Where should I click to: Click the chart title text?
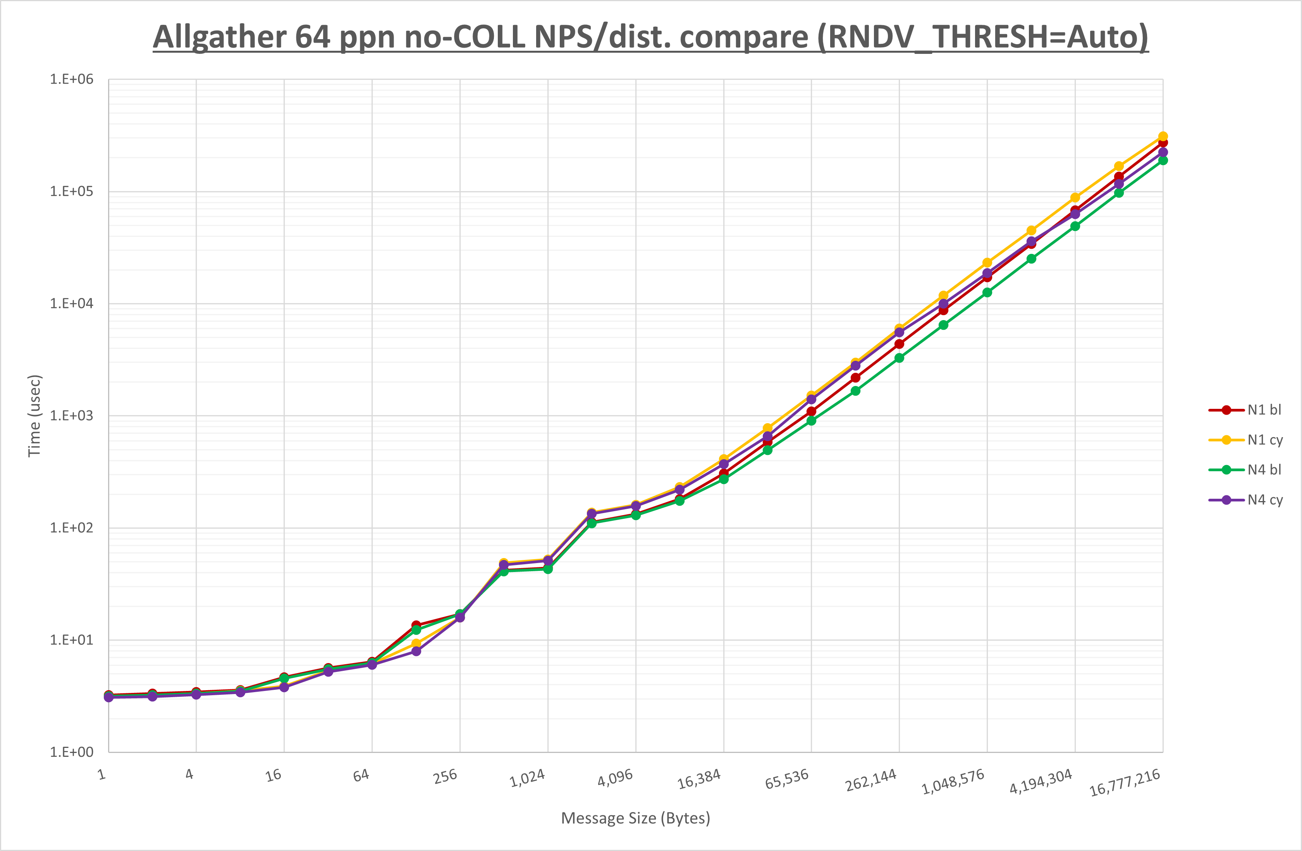point(650,37)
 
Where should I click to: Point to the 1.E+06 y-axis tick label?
point(72,79)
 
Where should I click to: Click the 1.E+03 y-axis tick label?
point(72,416)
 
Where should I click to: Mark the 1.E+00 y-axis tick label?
point(72,752)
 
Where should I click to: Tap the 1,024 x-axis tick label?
point(527,778)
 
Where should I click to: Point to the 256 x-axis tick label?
point(445,777)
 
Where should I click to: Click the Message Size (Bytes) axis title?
point(636,818)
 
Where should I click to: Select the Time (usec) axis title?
point(34,416)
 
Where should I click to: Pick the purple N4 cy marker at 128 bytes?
point(416,651)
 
